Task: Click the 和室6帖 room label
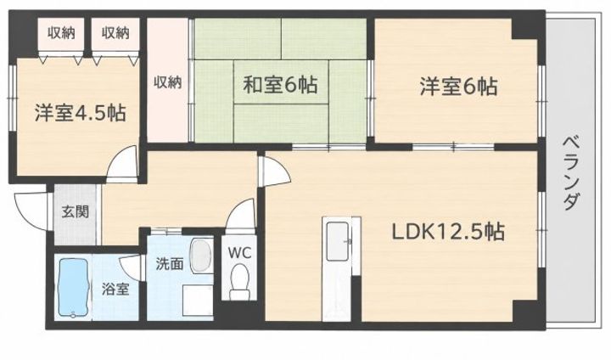[x=280, y=85]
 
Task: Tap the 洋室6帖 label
[x=458, y=87]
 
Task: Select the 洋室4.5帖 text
[x=80, y=112]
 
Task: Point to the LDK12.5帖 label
[x=448, y=232]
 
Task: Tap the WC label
[x=239, y=253]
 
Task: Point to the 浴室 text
[x=115, y=290]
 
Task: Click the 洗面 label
[x=170, y=264]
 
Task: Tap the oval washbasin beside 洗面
[x=201, y=256]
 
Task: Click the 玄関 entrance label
[x=76, y=212]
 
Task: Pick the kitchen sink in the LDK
[x=337, y=241]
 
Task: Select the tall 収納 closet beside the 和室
[x=167, y=81]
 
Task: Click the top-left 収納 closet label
[x=61, y=33]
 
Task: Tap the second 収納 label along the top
[x=115, y=33]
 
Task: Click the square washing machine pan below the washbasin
[x=198, y=299]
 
